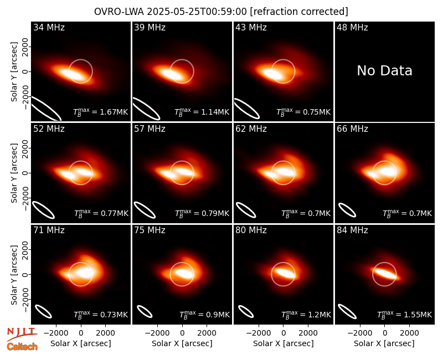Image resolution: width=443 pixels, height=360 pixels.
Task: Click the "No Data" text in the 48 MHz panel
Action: tap(384, 71)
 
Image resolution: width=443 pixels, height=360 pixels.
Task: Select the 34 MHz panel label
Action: tap(49, 27)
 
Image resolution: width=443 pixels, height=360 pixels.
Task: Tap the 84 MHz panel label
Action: tap(352, 230)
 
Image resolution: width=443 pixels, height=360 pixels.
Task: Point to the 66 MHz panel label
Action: tap(352, 129)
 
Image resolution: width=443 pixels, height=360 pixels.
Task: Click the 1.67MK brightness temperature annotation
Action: tap(101, 112)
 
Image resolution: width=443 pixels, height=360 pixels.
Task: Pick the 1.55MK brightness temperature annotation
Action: tap(405, 315)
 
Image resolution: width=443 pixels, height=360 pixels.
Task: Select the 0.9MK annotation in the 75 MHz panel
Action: tap(205, 315)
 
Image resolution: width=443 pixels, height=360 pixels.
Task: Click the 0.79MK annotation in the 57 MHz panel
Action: tap(202, 213)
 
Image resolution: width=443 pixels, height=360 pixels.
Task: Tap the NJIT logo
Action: tap(22, 333)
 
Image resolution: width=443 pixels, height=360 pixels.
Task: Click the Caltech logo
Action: tap(22, 347)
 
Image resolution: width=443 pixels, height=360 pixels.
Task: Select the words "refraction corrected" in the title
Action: tap(299, 12)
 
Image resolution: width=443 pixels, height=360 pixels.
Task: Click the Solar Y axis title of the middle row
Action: tap(14, 173)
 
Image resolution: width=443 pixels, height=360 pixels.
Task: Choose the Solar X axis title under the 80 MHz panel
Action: tap(283, 343)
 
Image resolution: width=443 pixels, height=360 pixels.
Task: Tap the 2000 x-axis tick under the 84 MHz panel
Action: tap(409, 333)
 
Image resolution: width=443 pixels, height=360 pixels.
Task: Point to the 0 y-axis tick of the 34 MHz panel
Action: tap(25, 71)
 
